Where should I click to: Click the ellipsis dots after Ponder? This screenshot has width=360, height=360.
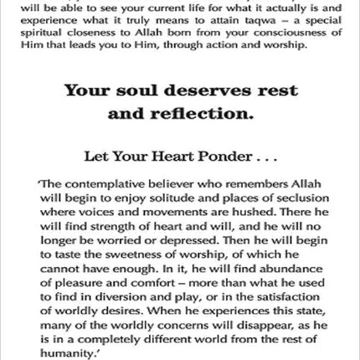[277, 157]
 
